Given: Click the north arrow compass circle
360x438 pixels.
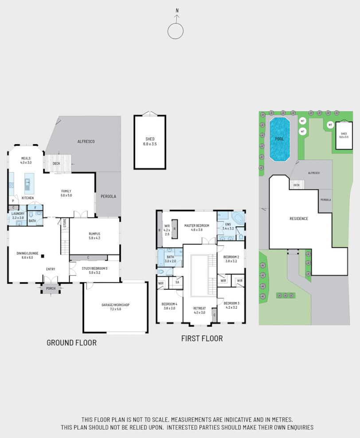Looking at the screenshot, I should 176,31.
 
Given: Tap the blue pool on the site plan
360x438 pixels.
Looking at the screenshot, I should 279,139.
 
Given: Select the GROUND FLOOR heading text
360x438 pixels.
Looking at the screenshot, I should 71,343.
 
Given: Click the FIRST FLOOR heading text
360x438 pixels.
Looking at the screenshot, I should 202,339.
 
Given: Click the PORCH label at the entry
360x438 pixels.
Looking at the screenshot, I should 51,288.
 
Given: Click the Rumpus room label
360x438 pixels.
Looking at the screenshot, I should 94,235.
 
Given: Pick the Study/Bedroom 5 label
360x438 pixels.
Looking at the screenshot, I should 94,270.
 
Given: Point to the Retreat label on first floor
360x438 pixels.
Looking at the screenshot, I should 200,310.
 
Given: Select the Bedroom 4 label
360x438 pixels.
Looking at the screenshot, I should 169,306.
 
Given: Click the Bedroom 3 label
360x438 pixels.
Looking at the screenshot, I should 231,305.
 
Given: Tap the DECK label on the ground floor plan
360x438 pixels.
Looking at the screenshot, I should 56,163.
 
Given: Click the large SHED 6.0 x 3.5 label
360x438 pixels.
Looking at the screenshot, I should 150,141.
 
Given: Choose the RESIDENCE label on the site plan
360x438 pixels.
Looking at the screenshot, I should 298,219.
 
